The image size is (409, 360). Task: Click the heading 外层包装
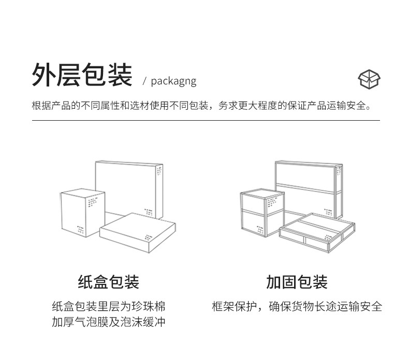[82, 75]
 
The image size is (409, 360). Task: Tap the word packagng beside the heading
[173, 81]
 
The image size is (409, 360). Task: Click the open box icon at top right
[369, 79]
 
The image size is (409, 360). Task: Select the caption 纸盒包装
[109, 282]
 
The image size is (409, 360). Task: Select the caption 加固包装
[297, 282]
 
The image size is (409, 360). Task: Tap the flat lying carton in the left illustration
[137, 233]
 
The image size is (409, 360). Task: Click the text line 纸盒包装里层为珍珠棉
[109, 306]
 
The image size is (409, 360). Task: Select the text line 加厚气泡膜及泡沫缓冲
[109, 322]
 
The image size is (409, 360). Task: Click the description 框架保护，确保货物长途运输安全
[297, 306]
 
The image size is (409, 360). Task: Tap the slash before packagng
[145, 81]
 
